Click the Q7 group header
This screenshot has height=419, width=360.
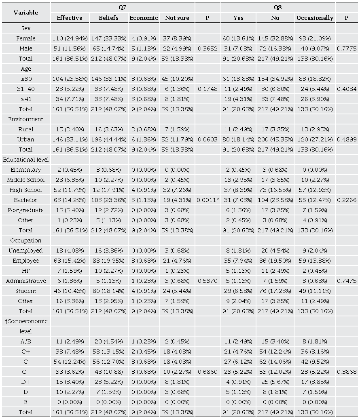[x=123, y=7]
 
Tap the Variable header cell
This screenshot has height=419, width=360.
[x=26, y=13]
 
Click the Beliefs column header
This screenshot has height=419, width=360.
[x=108, y=18]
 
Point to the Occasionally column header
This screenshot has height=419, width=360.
[x=315, y=18]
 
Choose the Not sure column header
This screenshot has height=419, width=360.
[x=177, y=18]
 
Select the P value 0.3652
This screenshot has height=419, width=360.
[x=208, y=48]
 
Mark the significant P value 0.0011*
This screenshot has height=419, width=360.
[x=208, y=200]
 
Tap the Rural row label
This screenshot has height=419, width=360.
[x=26, y=129]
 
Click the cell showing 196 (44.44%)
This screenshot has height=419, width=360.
[x=108, y=139]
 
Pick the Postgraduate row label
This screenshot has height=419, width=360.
[x=26, y=210]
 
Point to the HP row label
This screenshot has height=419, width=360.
[x=26, y=271]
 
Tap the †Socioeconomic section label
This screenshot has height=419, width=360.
[x=26, y=321]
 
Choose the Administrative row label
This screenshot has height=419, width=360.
[x=26, y=281]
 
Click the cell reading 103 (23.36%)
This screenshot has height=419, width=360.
[x=108, y=200]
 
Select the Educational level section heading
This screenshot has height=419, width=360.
[x=26, y=160]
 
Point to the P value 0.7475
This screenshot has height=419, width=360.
[x=347, y=281]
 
